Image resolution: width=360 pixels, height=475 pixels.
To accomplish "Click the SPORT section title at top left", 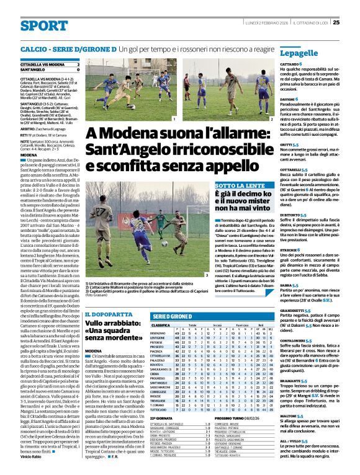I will pyautogui.click(x=43, y=25).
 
